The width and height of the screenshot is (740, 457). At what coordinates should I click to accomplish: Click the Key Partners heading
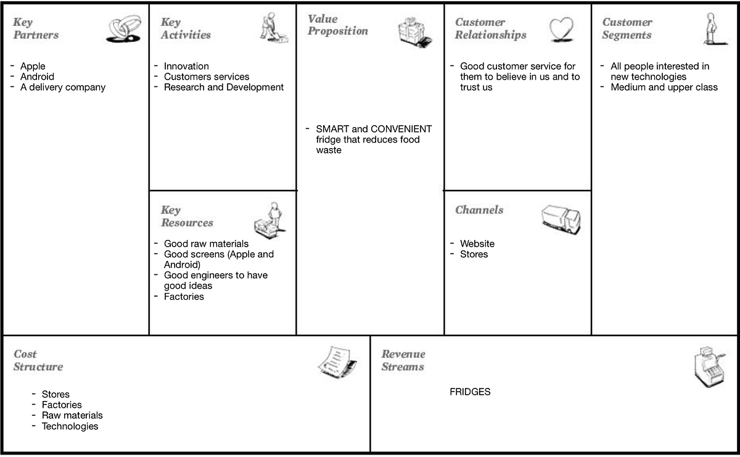pyautogui.click(x=36, y=28)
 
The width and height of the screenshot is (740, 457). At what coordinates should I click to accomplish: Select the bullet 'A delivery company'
pyautogui.click(x=63, y=88)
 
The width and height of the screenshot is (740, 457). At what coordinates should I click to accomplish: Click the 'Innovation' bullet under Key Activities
pyautogui.click(x=186, y=67)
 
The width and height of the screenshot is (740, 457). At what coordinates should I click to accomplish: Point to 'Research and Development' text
pyautogui.click(x=224, y=88)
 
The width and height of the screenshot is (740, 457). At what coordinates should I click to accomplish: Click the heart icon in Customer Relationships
pyautogui.click(x=561, y=30)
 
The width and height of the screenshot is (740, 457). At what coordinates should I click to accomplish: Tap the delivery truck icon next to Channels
pyautogui.click(x=561, y=219)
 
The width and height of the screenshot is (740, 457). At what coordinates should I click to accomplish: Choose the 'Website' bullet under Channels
pyautogui.click(x=477, y=244)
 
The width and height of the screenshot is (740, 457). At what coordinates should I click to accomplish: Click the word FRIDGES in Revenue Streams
pyautogui.click(x=470, y=392)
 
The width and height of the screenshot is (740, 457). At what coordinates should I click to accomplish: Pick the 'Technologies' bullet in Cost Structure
pyautogui.click(x=70, y=426)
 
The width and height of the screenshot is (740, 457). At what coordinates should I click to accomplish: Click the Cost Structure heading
pyautogui.click(x=38, y=360)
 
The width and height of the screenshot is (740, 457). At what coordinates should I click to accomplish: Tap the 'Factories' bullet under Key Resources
pyautogui.click(x=184, y=297)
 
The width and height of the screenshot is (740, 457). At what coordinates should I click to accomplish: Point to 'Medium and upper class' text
pyautogui.click(x=664, y=88)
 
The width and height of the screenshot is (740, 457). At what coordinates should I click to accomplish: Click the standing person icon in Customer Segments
pyautogui.click(x=712, y=29)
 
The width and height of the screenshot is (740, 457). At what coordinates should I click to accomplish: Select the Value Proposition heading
pyautogui.click(x=337, y=25)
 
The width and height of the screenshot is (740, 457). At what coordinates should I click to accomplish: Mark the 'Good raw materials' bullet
pyautogui.click(x=206, y=244)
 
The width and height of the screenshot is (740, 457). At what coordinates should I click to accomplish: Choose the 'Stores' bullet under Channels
pyautogui.click(x=474, y=254)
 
